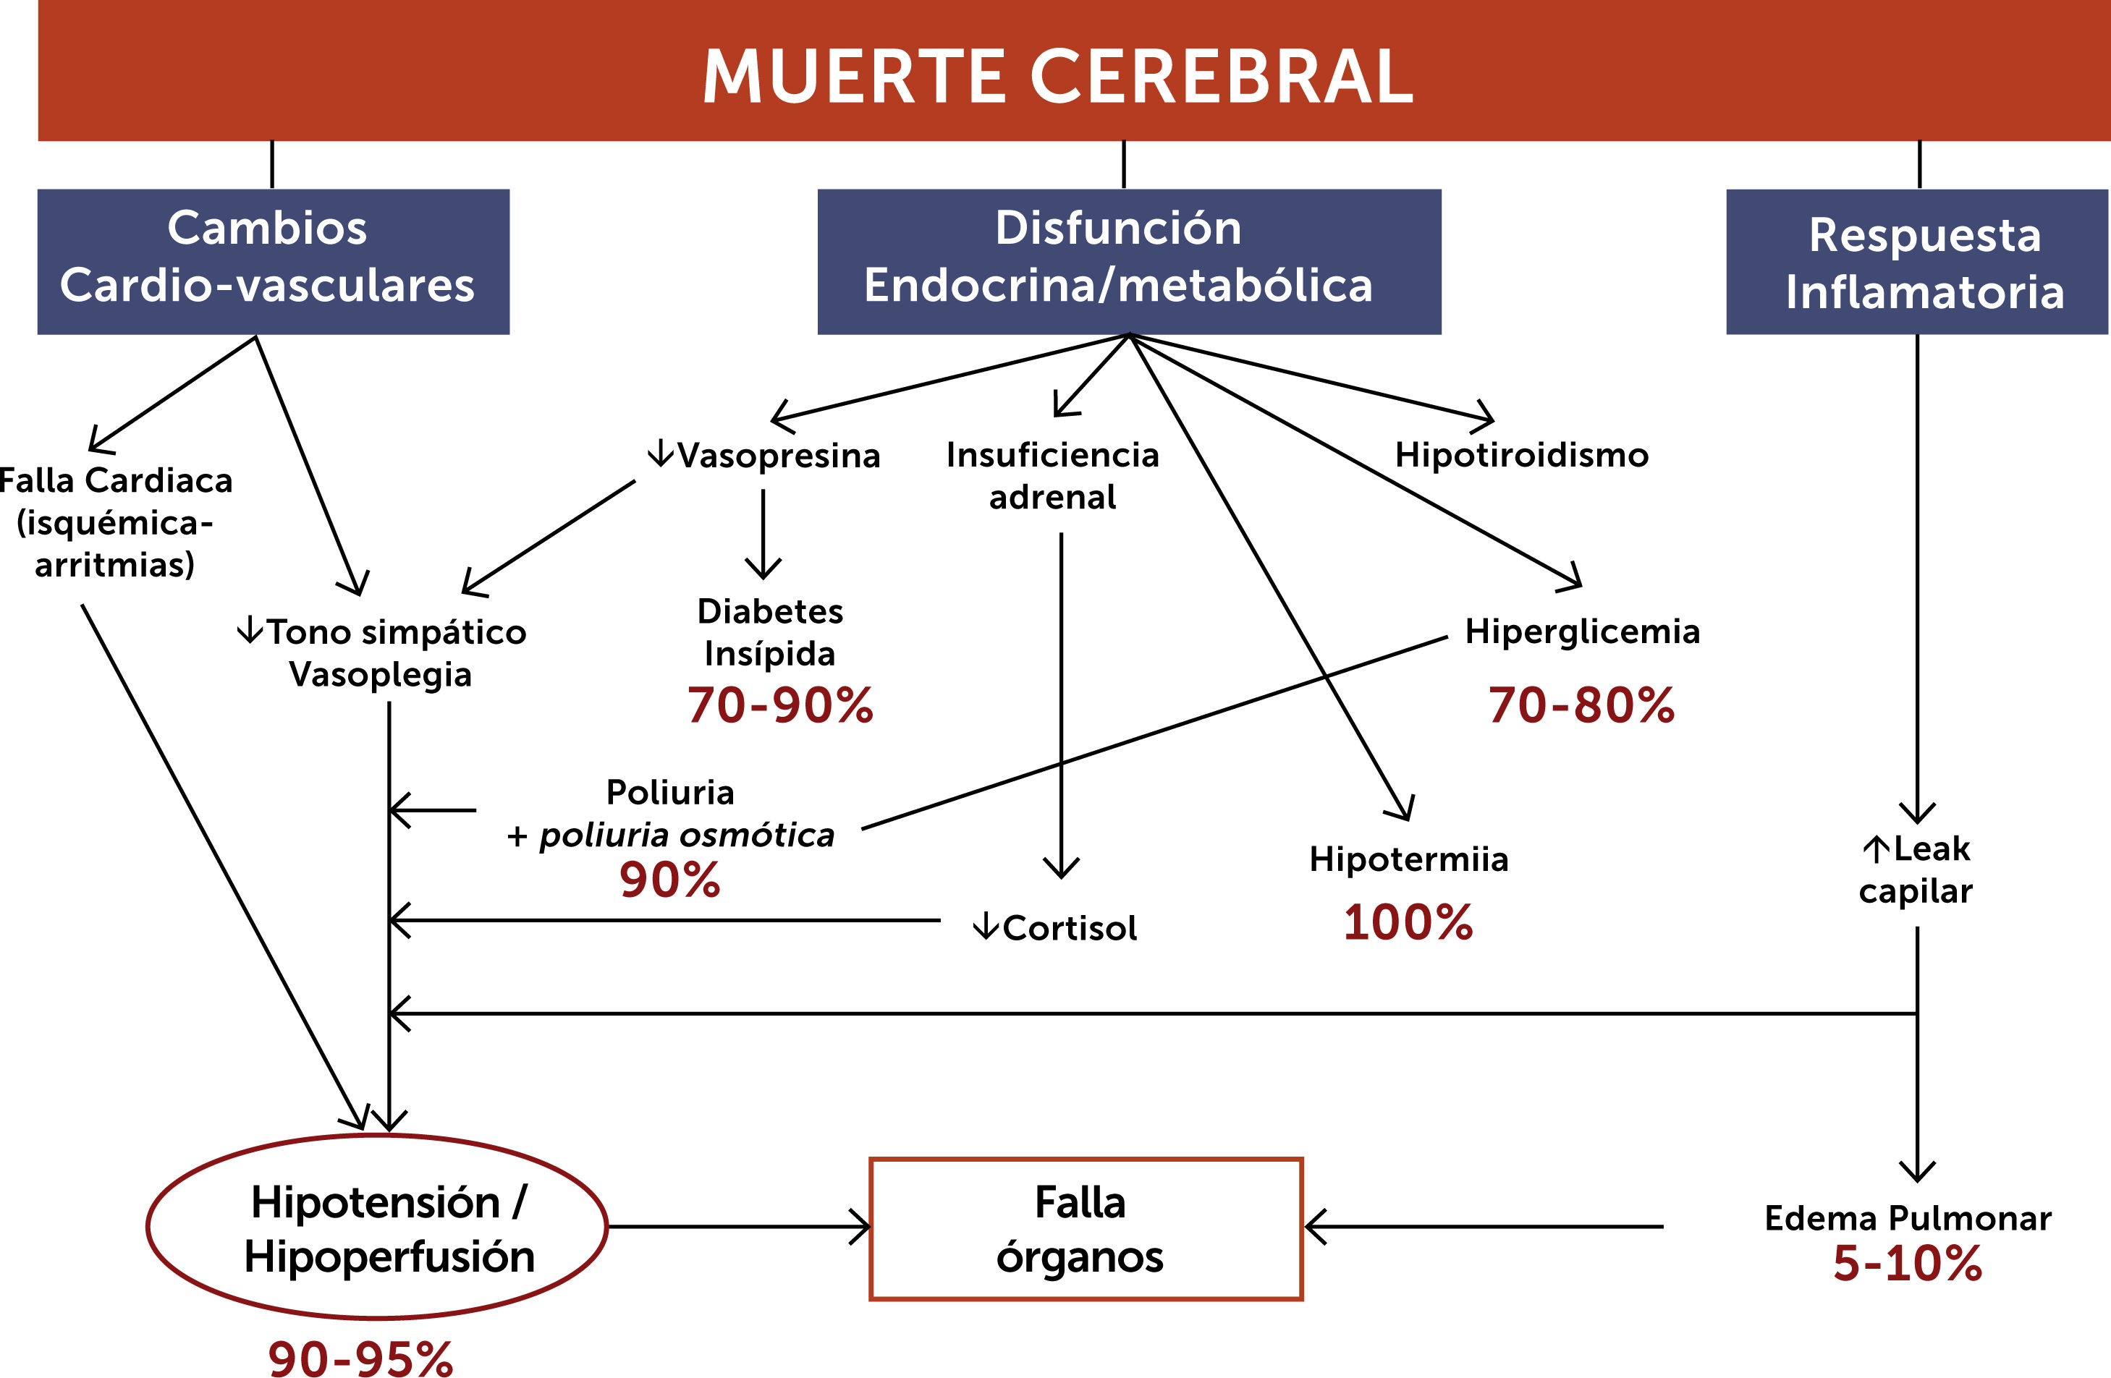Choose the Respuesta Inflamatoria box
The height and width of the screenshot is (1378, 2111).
[1916, 263]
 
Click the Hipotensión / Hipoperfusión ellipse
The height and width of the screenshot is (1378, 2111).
[377, 1228]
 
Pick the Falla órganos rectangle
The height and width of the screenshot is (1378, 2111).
[1086, 1229]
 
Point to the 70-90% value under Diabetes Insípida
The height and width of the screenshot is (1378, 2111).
[781, 706]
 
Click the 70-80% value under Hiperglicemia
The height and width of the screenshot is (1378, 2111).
[1581, 706]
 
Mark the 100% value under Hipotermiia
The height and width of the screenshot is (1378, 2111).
[1408, 923]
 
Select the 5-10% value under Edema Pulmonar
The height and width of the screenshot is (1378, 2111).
[1907, 1264]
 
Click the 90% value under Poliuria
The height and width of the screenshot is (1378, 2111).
[669, 880]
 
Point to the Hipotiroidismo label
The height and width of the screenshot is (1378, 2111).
[1522, 455]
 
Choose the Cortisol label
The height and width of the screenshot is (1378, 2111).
[1069, 928]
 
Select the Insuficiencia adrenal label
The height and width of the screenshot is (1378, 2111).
[1053, 476]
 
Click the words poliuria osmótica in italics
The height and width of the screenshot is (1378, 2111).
[688, 835]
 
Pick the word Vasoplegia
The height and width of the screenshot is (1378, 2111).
[381, 675]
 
